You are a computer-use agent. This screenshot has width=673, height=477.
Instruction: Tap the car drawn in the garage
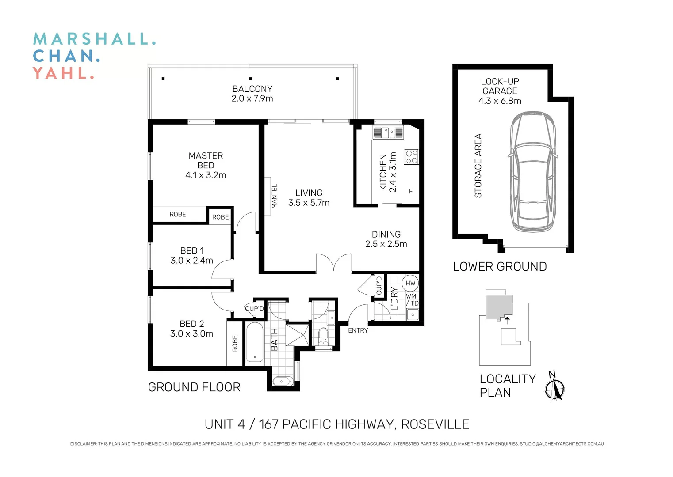[533, 172]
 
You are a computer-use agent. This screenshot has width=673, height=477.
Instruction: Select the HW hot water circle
[410, 283]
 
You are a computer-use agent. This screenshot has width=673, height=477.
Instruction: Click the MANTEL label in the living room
[274, 196]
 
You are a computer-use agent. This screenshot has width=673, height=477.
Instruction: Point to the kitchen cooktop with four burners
[412, 157]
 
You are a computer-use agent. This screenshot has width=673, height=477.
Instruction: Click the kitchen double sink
[388, 132]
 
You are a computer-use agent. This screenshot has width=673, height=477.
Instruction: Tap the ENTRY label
[358, 330]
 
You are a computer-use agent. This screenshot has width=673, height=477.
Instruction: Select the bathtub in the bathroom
[254, 343]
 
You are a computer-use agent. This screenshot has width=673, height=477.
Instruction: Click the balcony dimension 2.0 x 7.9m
[252, 98]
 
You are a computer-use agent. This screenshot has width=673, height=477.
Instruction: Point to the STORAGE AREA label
[478, 166]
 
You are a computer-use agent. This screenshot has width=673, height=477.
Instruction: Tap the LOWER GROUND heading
[500, 266]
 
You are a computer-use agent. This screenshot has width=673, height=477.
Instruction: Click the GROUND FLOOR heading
[194, 387]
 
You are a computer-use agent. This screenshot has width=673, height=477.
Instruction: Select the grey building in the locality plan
[498, 306]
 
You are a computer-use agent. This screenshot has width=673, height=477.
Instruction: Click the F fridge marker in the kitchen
[411, 191]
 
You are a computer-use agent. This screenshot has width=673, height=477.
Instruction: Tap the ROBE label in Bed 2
[235, 343]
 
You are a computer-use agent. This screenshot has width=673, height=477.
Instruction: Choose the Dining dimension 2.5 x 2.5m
[386, 244]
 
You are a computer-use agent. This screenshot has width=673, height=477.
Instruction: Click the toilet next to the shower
[323, 337]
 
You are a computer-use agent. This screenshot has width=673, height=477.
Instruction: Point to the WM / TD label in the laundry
[412, 300]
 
